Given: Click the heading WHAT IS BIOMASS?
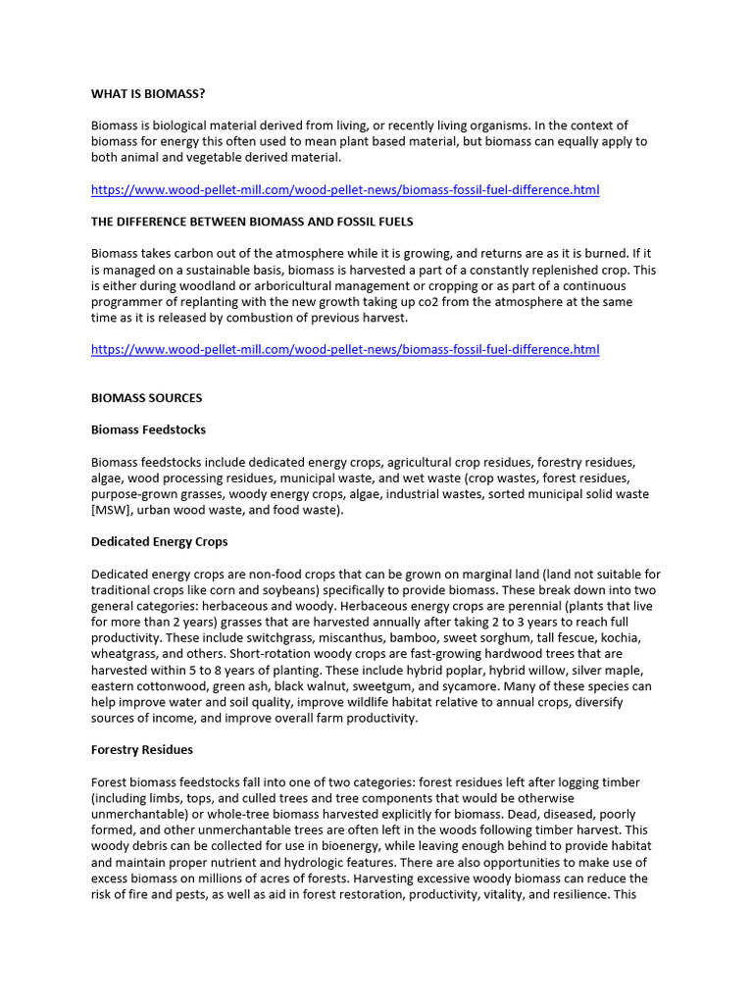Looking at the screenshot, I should tap(148, 94).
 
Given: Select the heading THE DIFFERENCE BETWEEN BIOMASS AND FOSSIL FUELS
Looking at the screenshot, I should tap(252, 222).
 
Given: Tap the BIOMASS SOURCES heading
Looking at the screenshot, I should tap(147, 398).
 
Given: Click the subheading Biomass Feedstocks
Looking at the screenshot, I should tap(149, 429).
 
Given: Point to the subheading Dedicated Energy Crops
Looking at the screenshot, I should tap(160, 541).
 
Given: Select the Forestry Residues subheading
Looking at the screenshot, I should tap(142, 749).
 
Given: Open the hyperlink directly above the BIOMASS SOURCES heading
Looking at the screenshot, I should tap(345, 350).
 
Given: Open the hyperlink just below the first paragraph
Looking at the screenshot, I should tap(345, 189).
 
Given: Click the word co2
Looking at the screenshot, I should tap(423, 301).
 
